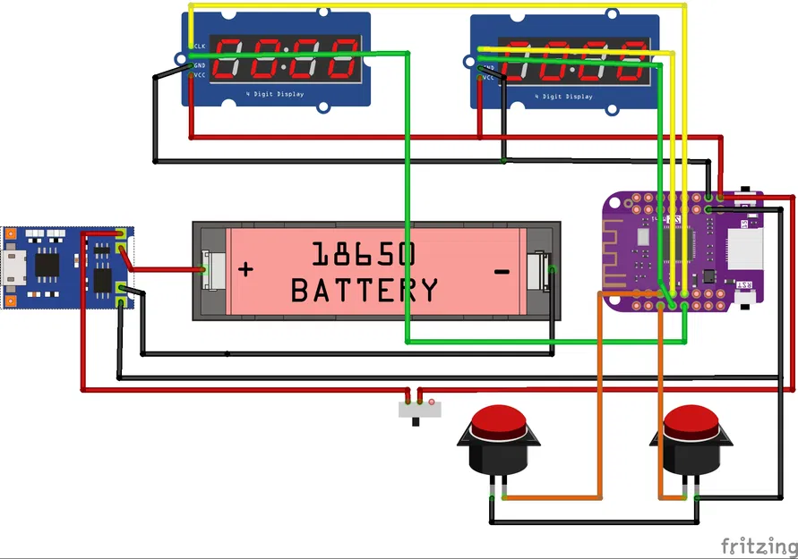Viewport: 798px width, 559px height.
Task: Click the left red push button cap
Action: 499,420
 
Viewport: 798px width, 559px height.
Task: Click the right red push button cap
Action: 691,420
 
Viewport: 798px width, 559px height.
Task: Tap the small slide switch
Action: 419,410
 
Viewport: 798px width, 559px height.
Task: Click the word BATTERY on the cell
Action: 365,290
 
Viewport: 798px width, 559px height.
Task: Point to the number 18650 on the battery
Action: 364,255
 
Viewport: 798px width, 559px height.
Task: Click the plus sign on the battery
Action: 245,269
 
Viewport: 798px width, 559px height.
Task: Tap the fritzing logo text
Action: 757,545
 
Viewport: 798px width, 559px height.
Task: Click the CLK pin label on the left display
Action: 198,46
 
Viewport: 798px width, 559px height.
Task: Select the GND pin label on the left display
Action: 199,65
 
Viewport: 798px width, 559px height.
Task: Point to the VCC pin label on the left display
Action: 199,75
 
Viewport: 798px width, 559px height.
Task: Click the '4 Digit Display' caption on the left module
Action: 276,94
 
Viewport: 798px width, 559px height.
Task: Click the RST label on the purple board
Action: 743,284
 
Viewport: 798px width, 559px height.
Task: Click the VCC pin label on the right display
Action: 488,78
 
